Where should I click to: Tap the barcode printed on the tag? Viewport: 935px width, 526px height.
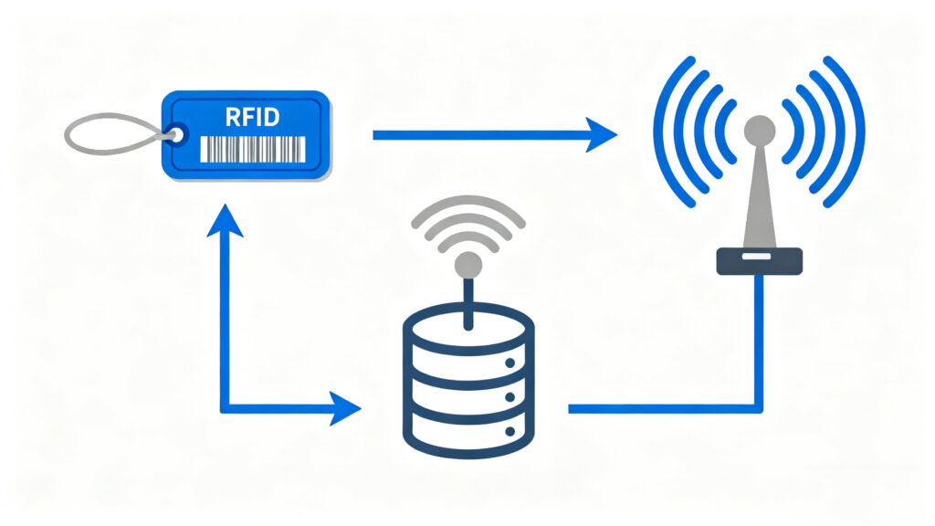tap(251, 148)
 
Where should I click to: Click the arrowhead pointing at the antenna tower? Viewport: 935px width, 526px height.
tap(600, 135)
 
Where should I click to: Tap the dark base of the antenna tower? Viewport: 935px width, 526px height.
tap(759, 261)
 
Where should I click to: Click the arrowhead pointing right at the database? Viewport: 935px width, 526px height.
tap(346, 408)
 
